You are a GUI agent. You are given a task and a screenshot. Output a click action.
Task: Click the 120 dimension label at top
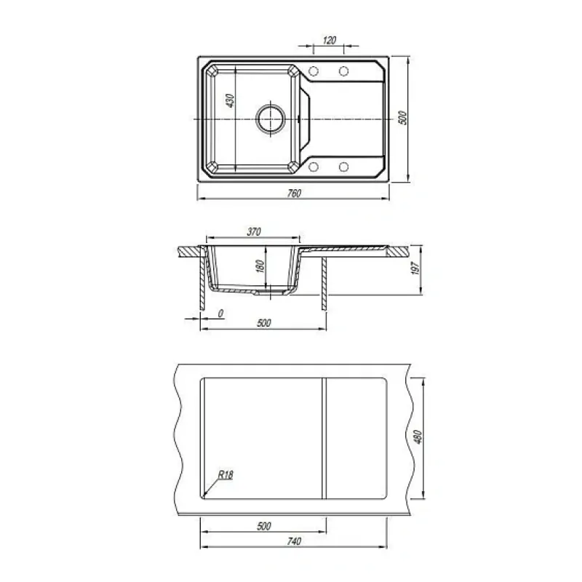[x=330, y=40]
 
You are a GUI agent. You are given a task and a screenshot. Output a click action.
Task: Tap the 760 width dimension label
[x=294, y=193]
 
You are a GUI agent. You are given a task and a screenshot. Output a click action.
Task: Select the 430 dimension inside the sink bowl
[x=230, y=100]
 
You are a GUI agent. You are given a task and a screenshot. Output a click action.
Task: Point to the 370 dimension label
[x=254, y=231]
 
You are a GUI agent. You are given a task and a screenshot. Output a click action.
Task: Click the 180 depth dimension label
[x=260, y=266]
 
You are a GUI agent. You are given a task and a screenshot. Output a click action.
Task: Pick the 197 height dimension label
[x=415, y=268]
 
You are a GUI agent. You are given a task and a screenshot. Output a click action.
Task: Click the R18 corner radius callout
[x=226, y=474]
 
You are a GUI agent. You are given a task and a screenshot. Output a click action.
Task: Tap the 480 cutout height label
[x=418, y=437]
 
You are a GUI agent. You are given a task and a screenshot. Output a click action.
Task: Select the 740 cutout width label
[x=294, y=541]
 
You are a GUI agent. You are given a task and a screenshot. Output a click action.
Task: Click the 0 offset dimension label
[x=220, y=314]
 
